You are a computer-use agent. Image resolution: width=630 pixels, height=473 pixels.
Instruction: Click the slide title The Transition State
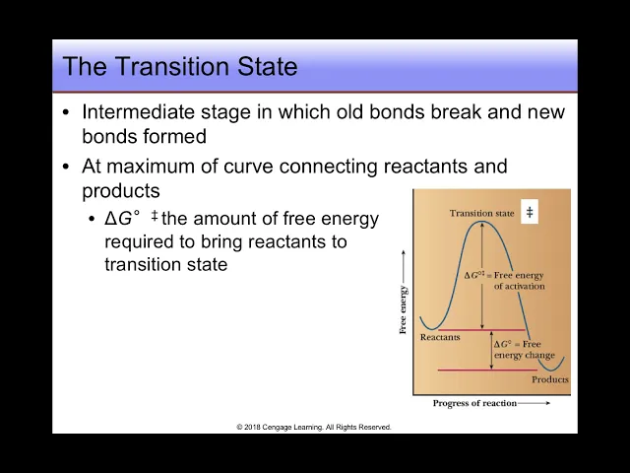(x=180, y=66)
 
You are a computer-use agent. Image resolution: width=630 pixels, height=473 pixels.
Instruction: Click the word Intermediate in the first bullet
(x=138, y=111)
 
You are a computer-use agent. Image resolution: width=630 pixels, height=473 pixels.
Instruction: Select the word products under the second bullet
(x=121, y=191)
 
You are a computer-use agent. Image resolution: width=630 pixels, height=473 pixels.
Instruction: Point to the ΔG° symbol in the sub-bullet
(x=122, y=219)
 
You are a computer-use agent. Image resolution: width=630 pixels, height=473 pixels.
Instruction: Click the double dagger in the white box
(x=530, y=212)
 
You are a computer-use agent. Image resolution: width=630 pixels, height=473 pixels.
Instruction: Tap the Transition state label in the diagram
(x=481, y=213)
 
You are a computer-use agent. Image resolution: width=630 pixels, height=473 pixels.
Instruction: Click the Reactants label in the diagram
(x=440, y=337)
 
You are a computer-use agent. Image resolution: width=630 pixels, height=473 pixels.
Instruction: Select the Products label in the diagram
(x=550, y=379)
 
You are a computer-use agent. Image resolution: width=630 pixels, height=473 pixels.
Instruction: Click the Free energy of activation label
(x=505, y=280)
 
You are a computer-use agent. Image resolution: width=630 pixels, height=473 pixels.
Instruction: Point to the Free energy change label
(x=524, y=349)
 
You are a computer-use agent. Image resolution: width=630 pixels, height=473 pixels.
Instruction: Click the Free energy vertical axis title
(x=403, y=309)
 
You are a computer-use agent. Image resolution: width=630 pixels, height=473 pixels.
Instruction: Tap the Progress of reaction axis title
(x=474, y=403)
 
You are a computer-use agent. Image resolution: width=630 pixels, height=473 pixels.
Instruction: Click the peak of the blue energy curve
(x=481, y=221)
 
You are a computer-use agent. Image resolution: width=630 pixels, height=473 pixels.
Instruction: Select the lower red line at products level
(x=487, y=370)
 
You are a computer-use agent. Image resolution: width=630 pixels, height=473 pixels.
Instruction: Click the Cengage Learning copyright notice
(x=314, y=427)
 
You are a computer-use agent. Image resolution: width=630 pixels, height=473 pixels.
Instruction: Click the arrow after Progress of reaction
(x=534, y=403)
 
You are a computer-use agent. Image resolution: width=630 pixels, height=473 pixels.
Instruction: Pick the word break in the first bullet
(x=456, y=111)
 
